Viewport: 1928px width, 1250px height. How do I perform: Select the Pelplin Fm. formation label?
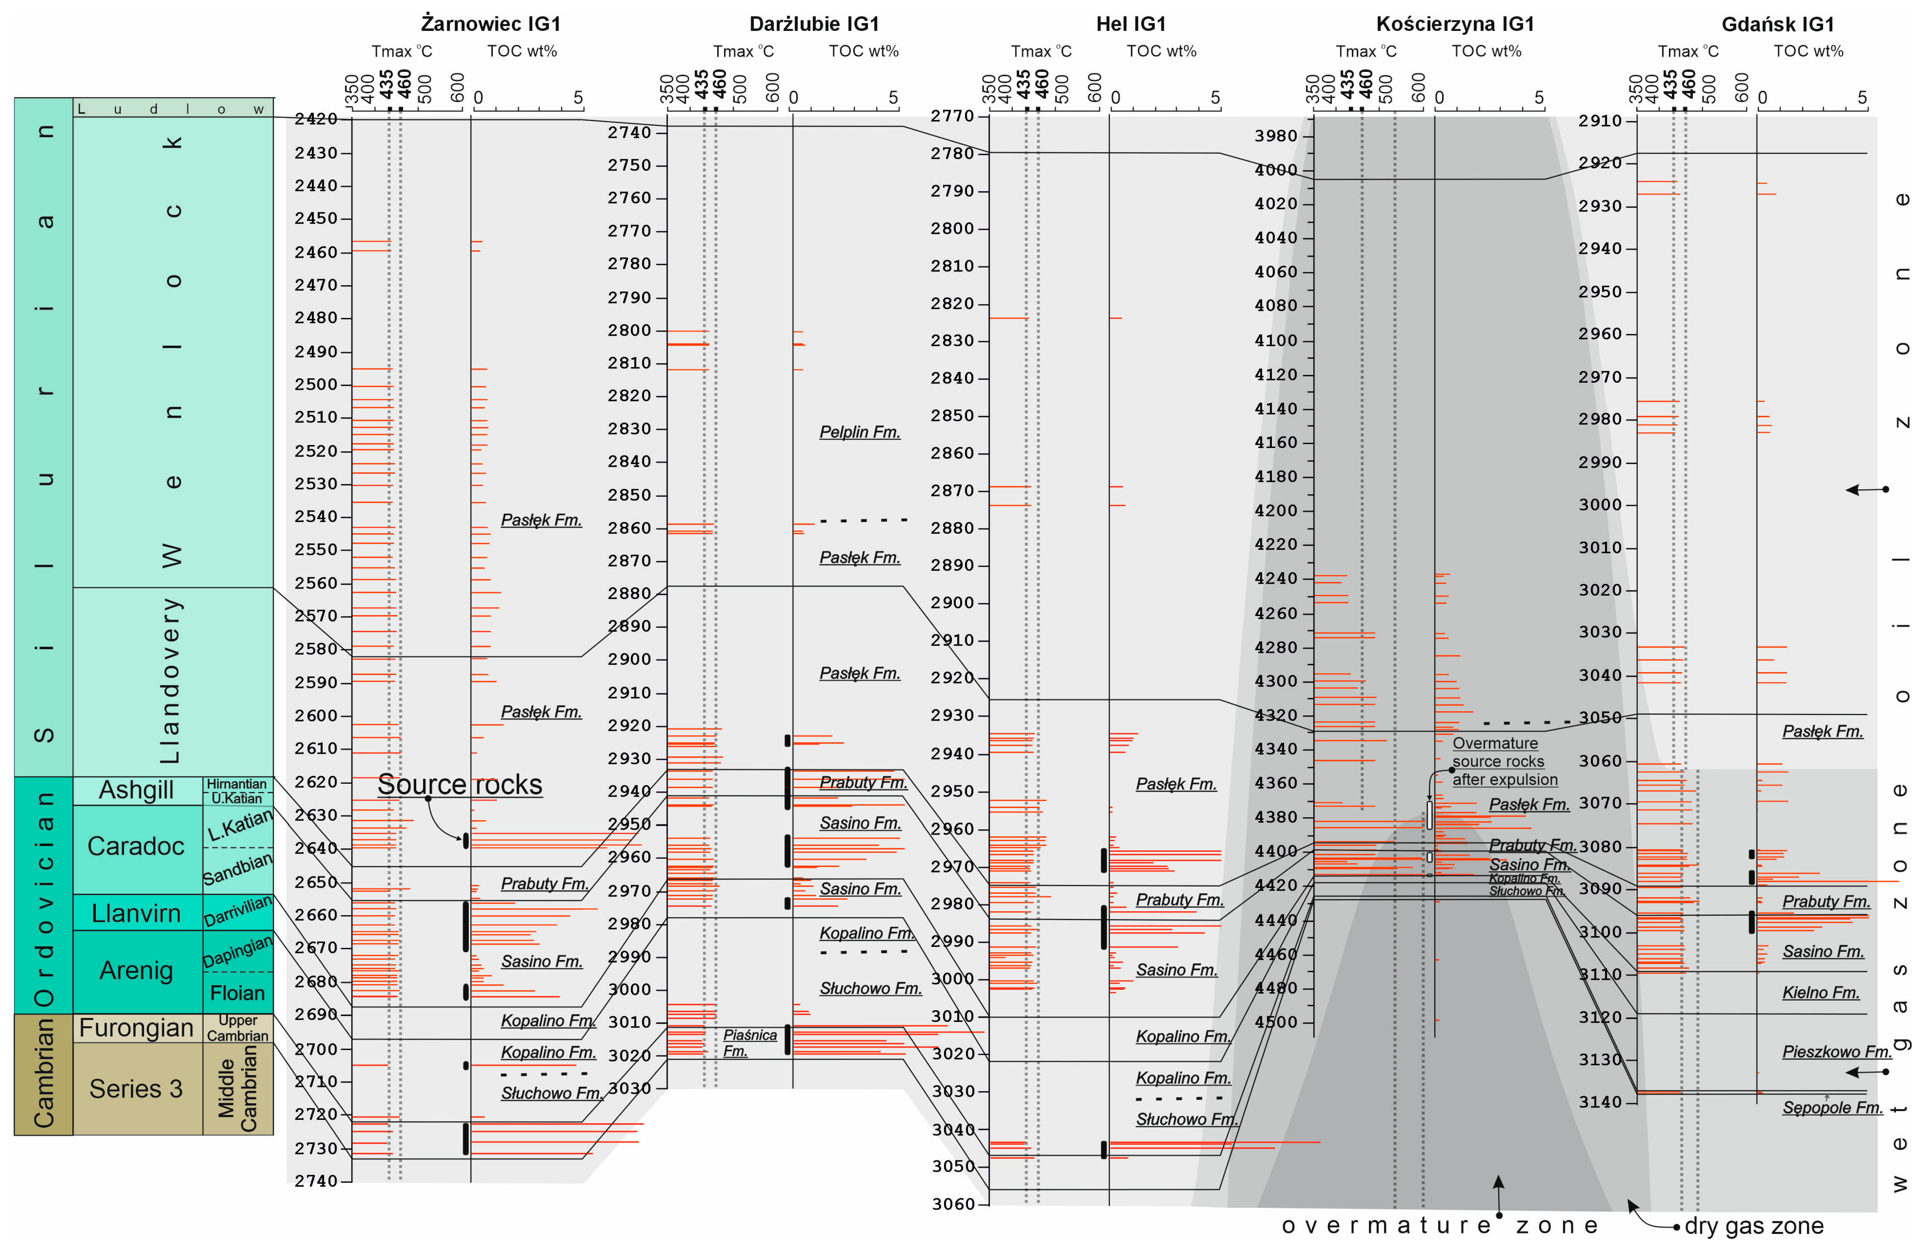860,432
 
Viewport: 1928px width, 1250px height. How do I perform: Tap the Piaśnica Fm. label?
749,1043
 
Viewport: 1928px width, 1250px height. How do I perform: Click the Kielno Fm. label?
1820,992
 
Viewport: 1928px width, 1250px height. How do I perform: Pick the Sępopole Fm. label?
1832,1108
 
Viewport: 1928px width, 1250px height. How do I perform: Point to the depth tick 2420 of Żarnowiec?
316,119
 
